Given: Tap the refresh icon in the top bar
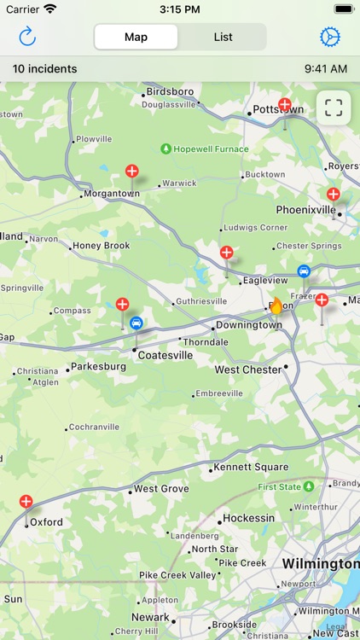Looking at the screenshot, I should pos(27,37).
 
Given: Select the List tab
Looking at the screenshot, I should pos(223,37).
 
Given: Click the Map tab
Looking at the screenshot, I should pos(136,37).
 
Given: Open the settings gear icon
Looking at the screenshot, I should pos(329,37).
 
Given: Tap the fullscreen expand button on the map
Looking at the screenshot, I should pos(334,108).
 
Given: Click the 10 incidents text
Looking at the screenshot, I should pos(44,69).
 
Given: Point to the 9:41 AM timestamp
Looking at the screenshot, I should pos(325,69).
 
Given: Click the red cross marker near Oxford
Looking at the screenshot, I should pos(26,502).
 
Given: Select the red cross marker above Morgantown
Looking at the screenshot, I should pos(132,171).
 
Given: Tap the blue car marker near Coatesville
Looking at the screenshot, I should pos(136,323).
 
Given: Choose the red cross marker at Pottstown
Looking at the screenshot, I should pos(285,105).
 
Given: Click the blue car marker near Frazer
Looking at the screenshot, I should pos(304,271).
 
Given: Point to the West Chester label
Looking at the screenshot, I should pos(247,370).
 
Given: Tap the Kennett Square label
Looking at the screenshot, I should pos(252,468).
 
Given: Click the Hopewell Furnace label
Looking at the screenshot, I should pos(211,149).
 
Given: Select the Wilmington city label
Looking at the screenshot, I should pos(320,564).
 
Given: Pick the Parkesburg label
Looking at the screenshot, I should pos(98,367).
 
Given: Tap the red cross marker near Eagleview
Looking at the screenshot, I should pos(227,253).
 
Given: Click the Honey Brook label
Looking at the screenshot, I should pos(101,246).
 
